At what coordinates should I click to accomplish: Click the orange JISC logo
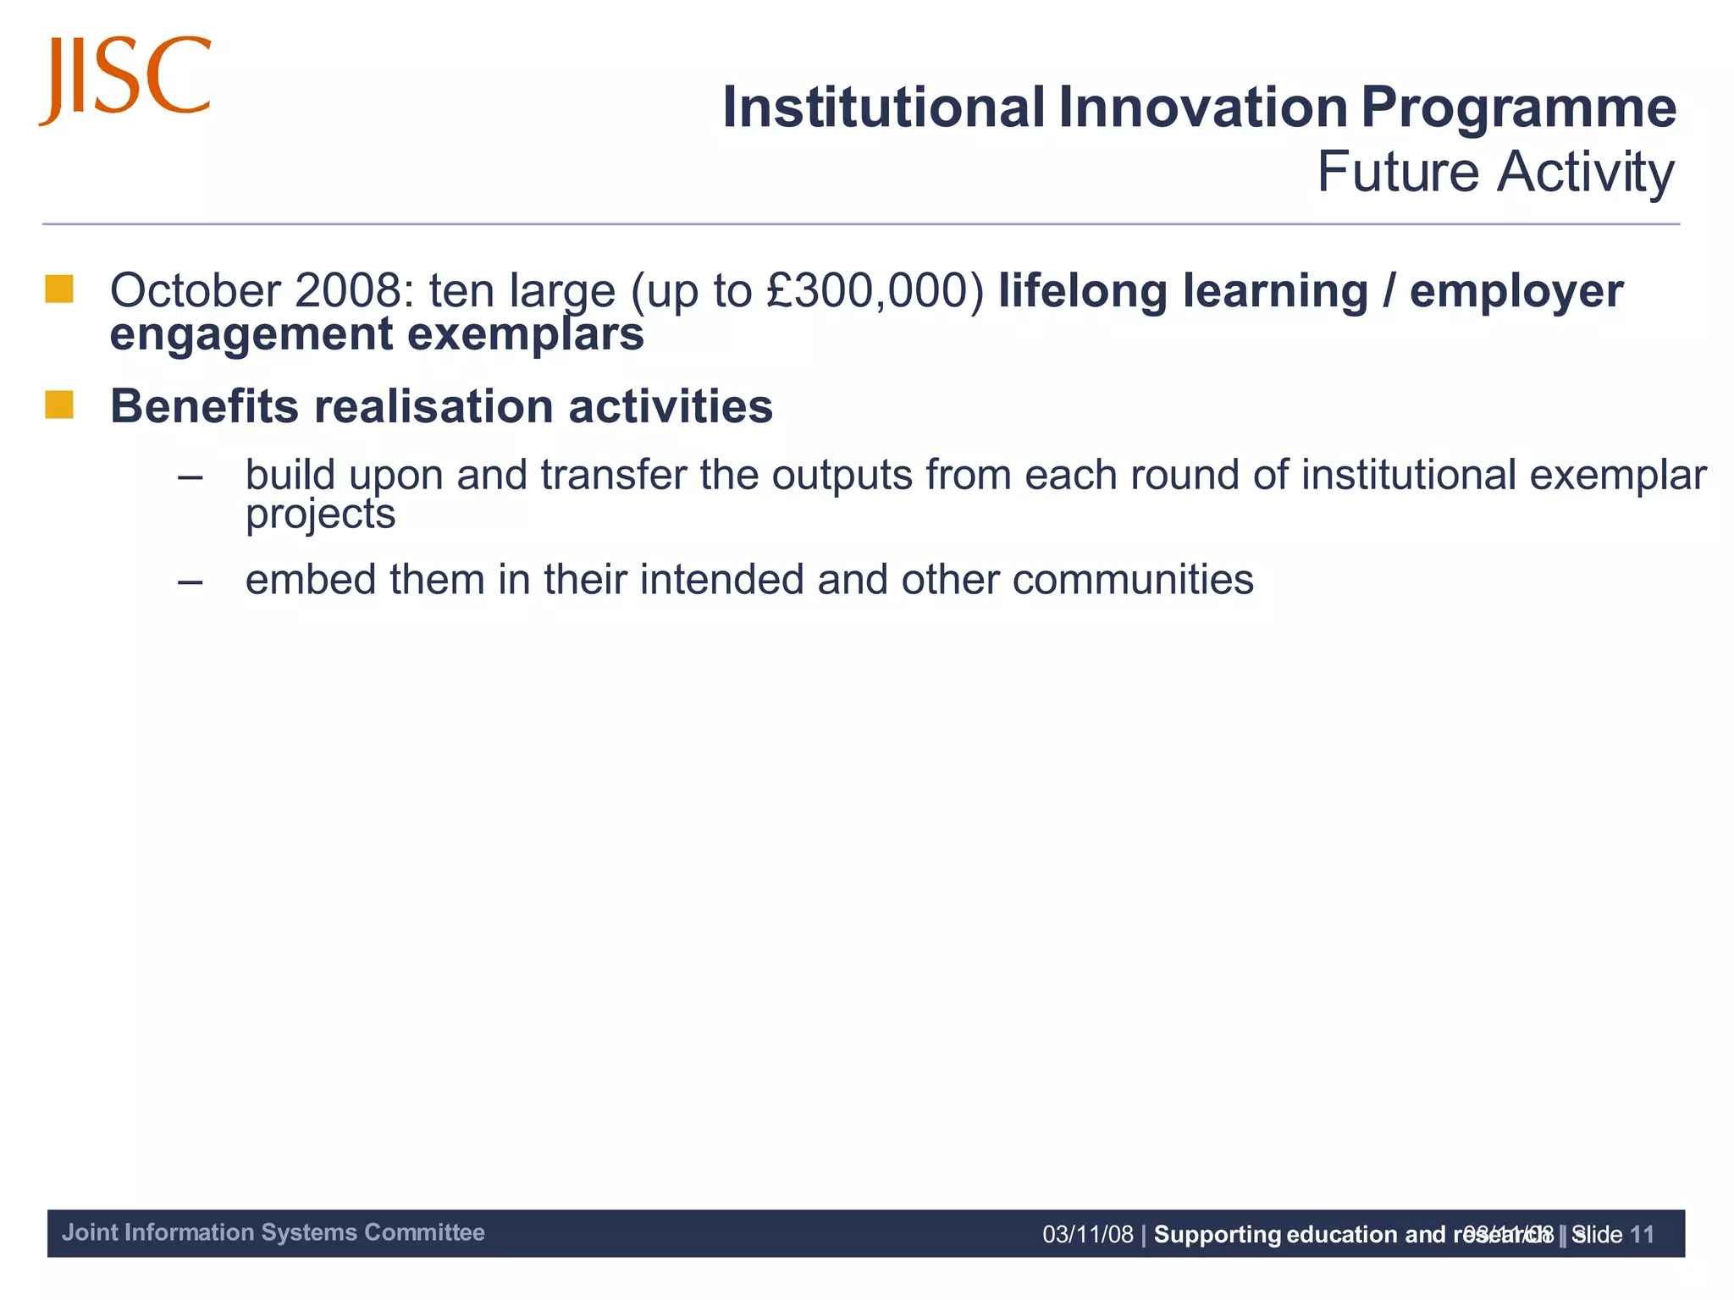124,79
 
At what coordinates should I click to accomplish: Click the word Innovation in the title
1202,107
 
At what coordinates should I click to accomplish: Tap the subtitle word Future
1398,172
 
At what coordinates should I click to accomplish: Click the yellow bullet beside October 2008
59,289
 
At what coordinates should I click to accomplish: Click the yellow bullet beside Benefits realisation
59,405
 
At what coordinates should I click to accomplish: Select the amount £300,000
875,290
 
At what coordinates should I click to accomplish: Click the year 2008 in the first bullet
347,290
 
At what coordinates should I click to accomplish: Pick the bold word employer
1516,292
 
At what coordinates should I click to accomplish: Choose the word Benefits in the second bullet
204,406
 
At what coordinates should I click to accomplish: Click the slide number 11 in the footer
1641,1235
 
